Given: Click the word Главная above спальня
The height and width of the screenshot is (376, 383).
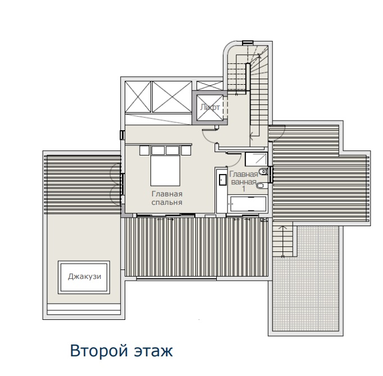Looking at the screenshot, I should [x=166, y=194].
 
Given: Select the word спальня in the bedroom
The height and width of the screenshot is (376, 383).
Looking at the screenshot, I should [x=166, y=202].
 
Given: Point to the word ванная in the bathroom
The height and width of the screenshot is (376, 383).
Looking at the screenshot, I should [x=243, y=182].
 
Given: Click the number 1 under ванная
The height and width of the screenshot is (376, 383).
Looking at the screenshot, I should [x=243, y=190].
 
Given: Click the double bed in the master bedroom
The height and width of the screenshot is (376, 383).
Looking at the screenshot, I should [x=165, y=168].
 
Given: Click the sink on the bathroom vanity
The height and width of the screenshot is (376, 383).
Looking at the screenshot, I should [x=221, y=180].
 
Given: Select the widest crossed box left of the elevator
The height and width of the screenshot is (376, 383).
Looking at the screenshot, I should [x=172, y=97].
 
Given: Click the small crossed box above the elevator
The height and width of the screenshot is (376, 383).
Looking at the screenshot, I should [x=209, y=85].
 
